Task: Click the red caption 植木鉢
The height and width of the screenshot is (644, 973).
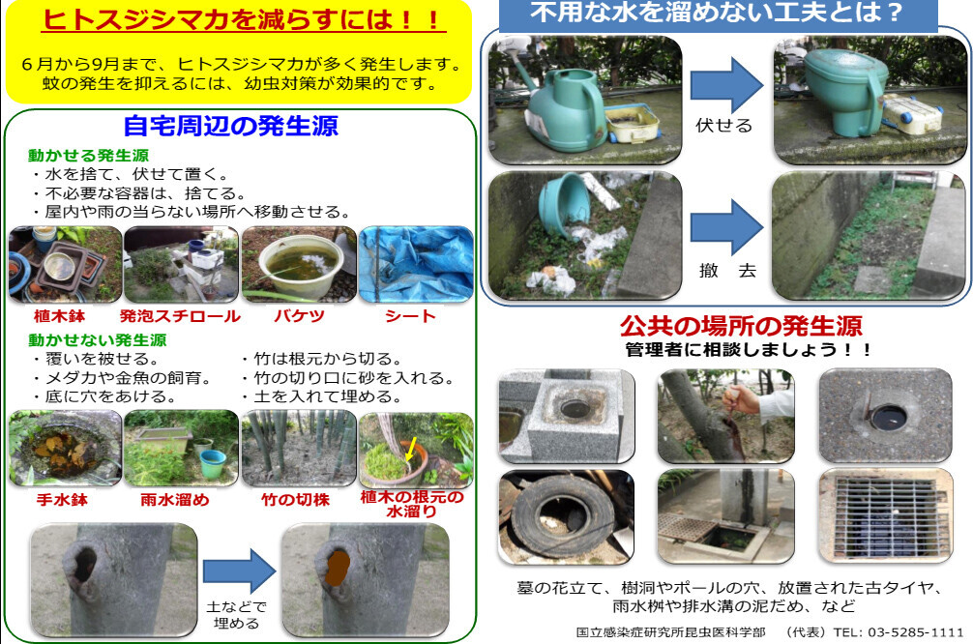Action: [59, 316]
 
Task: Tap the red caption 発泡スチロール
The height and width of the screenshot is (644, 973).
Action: [180, 316]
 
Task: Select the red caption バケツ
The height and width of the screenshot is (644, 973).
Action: [299, 316]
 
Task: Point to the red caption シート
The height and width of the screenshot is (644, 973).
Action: [410, 316]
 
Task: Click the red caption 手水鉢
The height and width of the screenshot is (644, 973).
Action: [62, 500]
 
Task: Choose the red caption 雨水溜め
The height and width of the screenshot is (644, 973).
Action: [175, 500]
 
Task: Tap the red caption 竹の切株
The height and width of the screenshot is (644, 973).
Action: [295, 500]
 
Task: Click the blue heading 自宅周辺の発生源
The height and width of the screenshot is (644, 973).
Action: [231, 126]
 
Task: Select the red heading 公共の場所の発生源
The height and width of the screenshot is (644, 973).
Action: [742, 326]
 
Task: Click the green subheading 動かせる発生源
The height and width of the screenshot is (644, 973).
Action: [88, 155]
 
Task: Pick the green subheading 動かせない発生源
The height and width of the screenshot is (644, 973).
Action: [98, 340]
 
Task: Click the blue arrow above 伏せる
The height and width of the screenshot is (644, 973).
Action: [726, 85]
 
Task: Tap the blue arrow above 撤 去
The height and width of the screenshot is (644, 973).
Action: [726, 227]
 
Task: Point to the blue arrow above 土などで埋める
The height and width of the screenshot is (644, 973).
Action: [240, 571]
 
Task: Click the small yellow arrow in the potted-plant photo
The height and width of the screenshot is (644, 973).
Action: [411, 450]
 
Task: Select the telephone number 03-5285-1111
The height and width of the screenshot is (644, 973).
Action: [915, 632]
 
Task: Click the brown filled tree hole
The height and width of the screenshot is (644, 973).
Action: [338, 567]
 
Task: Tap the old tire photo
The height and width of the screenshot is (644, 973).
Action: [566, 516]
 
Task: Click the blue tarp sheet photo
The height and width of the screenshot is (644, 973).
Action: [417, 264]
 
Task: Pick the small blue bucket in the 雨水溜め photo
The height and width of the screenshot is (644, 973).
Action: [213, 463]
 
